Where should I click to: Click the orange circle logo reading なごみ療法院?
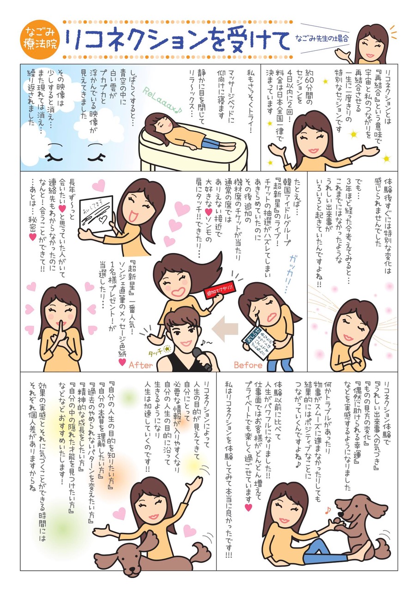[40, 40]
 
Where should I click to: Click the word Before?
[248, 365]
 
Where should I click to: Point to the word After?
[141, 365]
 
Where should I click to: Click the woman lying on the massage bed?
[189, 132]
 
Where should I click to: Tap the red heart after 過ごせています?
[248, 507]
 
